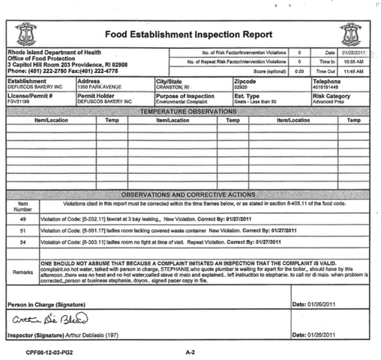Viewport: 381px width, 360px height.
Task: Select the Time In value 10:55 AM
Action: [354, 61]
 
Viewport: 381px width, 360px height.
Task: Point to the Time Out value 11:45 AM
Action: [354, 70]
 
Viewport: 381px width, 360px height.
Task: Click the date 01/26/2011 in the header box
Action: [354, 52]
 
